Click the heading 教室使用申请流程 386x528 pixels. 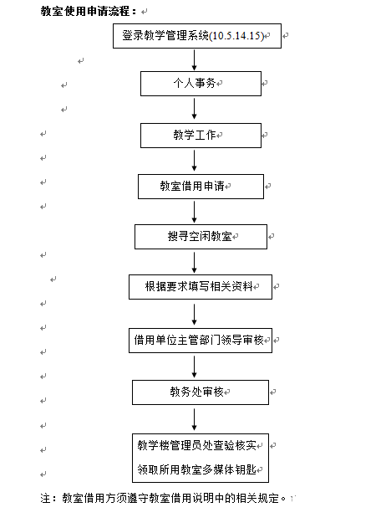[89, 11]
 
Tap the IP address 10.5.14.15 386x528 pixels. [236, 35]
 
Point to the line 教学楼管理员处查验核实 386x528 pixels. [196, 445]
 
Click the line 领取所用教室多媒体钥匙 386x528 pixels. [196, 469]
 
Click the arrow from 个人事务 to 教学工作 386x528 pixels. [194, 109]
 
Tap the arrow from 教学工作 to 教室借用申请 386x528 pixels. [194, 161]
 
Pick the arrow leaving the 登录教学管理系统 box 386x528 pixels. [194, 60]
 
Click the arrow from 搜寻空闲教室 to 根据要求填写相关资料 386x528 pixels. [194, 263]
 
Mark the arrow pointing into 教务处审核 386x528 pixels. [194, 367]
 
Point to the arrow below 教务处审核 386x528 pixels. [194, 419]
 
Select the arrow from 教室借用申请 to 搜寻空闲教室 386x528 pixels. [194, 213]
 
